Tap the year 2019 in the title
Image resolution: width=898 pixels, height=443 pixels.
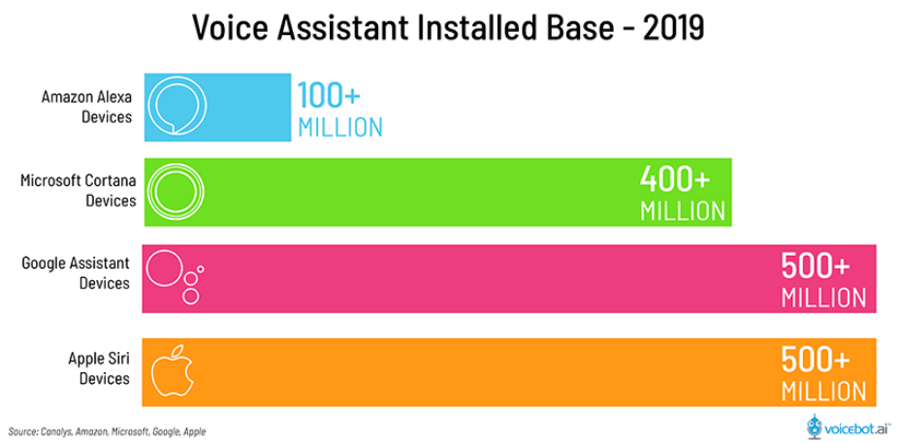pyautogui.click(x=669, y=27)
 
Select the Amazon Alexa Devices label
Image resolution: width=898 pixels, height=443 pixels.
pyautogui.click(x=85, y=107)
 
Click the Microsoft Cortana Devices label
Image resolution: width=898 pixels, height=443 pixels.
pyautogui.click(x=78, y=191)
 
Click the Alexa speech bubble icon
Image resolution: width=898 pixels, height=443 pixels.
pyautogui.click(x=168, y=105)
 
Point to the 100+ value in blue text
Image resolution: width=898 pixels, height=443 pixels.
pyautogui.click(x=328, y=95)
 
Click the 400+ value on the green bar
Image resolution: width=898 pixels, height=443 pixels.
pyautogui.click(x=675, y=178)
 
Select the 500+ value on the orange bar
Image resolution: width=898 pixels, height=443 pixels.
pyautogui.click(x=816, y=360)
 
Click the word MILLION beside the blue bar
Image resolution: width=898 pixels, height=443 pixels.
pyautogui.click(x=339, y=128)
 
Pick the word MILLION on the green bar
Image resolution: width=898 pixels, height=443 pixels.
pyautogui.click(x=682, y=210)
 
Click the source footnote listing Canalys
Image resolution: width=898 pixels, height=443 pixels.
pyautogui.click(x=107, y=430)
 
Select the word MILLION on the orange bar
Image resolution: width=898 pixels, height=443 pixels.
pyautogui.click(x=823, y=392)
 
